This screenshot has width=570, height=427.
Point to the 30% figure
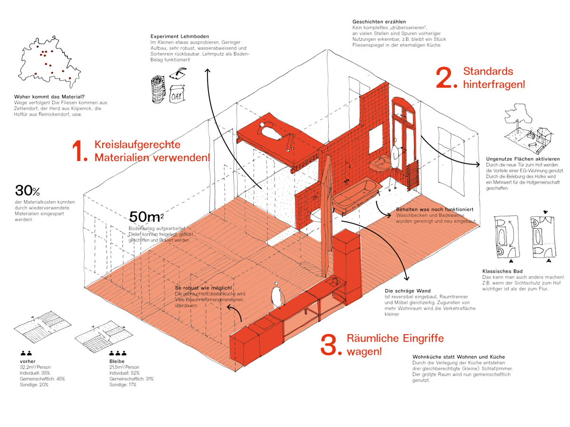27,191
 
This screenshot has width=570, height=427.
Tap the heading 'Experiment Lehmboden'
180,37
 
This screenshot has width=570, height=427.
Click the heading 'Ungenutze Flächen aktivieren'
523,158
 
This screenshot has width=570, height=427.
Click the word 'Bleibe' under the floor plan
116,361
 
